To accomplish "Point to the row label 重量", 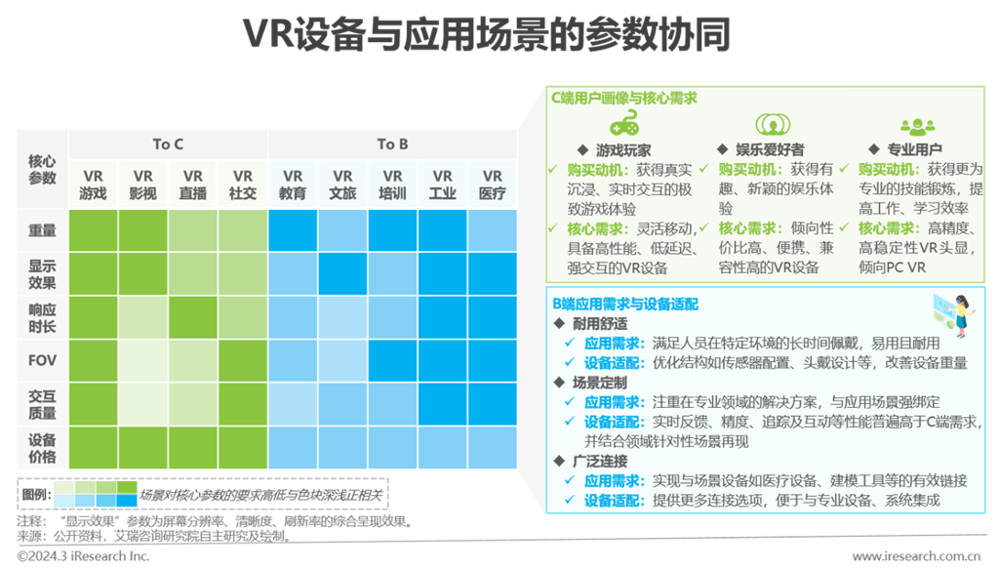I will [42, 231].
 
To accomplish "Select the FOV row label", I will [42, 360].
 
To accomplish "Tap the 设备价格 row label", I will [42, 448].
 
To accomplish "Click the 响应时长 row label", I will [42, 317].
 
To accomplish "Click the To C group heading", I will [168, 144].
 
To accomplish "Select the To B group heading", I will [392, 144].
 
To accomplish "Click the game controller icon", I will [623, 125].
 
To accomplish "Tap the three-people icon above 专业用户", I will [917, 125].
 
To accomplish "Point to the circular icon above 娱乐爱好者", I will [770, 125].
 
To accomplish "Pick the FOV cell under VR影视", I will [143, 360].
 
